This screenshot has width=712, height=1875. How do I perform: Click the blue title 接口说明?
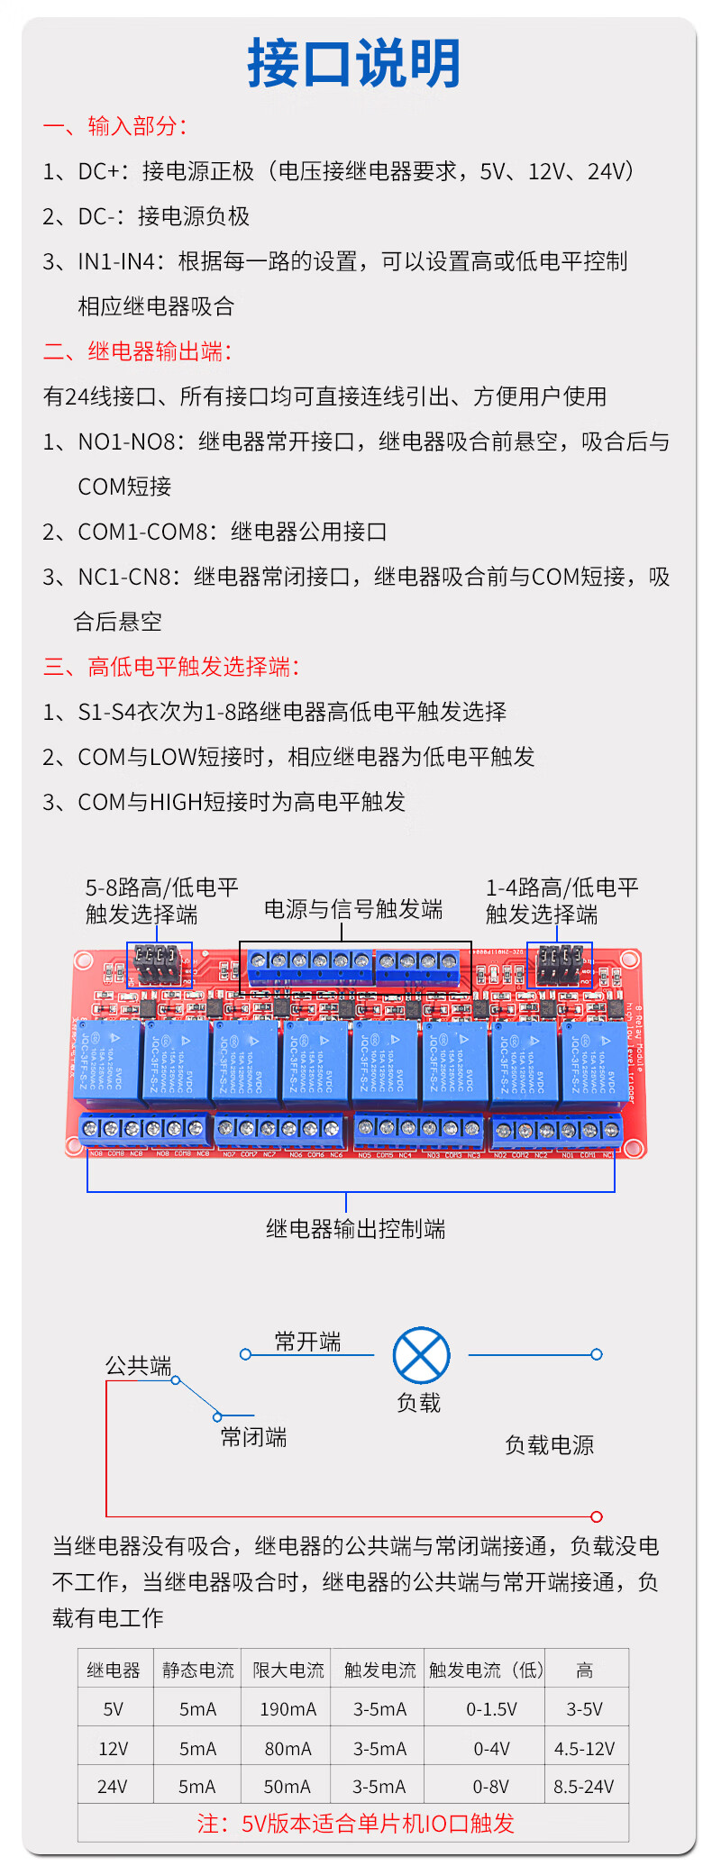click(x=354, y=63)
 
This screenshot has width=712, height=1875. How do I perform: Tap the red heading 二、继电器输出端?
click(x=138, y=351)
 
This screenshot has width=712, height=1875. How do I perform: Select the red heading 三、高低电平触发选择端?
click(x=171, y=667)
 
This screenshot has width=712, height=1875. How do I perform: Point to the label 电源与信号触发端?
click(x=353, y=909)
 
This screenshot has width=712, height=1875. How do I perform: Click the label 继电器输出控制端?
click(x=355, y=1229)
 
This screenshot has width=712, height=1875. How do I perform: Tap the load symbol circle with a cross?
click(x=421, y=1355)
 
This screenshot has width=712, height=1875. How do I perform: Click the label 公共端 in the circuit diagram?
click(x=138, y=1366)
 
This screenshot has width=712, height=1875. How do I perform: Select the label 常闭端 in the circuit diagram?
click(x=253, y=1437)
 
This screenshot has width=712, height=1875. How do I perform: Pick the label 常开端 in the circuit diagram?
click(x=307, y=1343)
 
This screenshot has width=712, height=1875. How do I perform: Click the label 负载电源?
click(x=549, y=1445)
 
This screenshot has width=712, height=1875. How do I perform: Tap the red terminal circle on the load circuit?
click(x=596, y=1516)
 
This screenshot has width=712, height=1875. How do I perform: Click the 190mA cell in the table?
click(x=288, y=1709)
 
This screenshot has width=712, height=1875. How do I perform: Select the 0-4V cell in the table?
click(x=491, y=1749)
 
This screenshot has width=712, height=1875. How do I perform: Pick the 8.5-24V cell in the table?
click(x=583, y=1787)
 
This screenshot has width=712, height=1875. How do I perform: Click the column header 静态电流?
click(x=197, y=1670)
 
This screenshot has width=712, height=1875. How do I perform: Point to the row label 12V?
click(x=113, y=1749)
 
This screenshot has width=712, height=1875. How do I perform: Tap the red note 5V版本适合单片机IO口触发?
click(x=355, y=1824)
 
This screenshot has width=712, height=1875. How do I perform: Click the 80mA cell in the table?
click(x=288, y=1749)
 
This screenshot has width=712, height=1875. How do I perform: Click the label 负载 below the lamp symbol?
click(x=419, y=1403)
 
